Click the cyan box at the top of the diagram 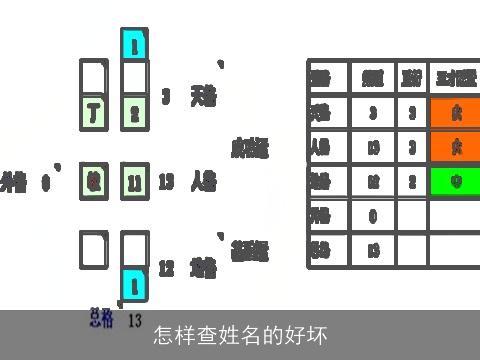(135, 44)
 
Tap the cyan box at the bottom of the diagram (135, 285)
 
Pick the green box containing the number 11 (135, 182)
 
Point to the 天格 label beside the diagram (204, 96)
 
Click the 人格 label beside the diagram (204, 182)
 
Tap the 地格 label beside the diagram (204, 267)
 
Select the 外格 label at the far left (14, 182)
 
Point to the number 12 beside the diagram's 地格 (166, 268)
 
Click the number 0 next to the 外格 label (46, 183)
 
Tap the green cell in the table (455, 182)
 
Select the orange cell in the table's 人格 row (455, 147)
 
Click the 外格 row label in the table (321, 215)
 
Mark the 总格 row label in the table (321, 249)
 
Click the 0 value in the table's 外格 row (372, 215)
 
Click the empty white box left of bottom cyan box (93, 250)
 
